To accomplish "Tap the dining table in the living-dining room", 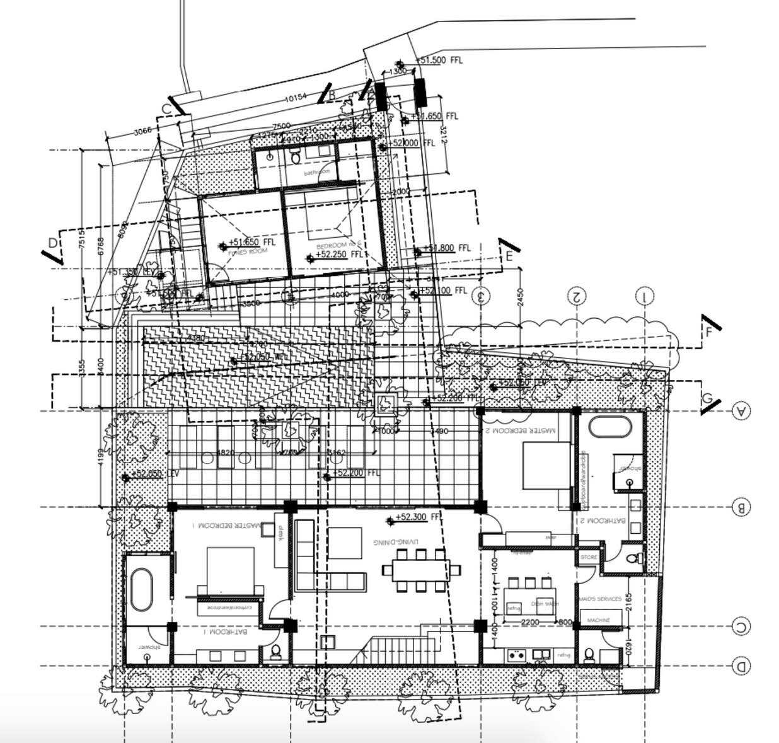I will coord(418,570).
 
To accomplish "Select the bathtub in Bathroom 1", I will coord(142,589).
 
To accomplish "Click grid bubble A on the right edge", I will coord(741,412).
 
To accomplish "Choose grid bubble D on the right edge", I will coord(741,665).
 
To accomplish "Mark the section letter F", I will coord(708,332).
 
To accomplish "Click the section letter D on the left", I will coord(54,243).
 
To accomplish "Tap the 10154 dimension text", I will coord(295,98).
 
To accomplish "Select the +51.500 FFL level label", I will coord(440,60).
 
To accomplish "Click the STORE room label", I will coord(588,558).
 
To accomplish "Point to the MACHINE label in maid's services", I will coord(598,620).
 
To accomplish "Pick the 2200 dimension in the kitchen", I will coord(531,623).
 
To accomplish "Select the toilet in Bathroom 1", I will coord(275,653).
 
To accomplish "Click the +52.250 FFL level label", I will coord(340,255).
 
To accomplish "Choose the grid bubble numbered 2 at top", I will coord(576,296).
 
